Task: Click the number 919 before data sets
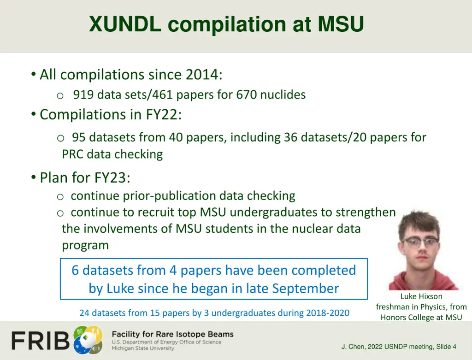(x=83, y=95)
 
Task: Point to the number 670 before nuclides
(x=247, y=95)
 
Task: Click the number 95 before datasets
(x=78, y=137)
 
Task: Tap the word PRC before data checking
(x=73, y=154)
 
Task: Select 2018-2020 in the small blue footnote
(x=328, y=313)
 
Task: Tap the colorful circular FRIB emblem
(x=88, y=338)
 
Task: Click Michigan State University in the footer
(x=143, y=348)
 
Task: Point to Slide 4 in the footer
(x=445, y=347)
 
